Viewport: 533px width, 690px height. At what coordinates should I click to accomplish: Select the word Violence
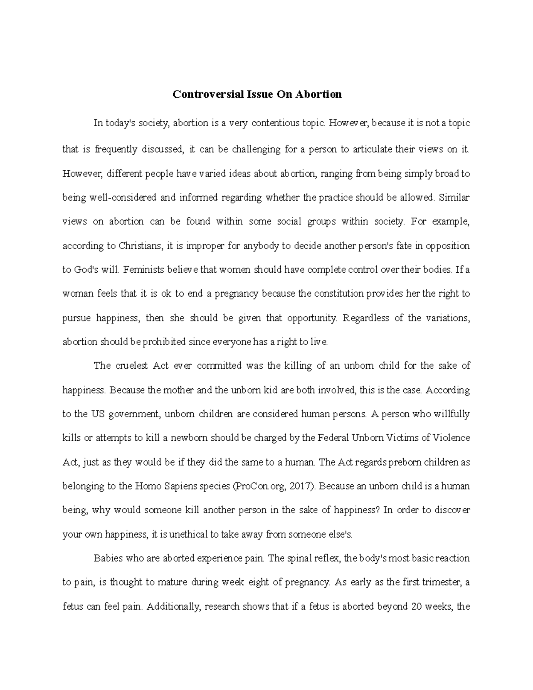pos(451,438)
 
